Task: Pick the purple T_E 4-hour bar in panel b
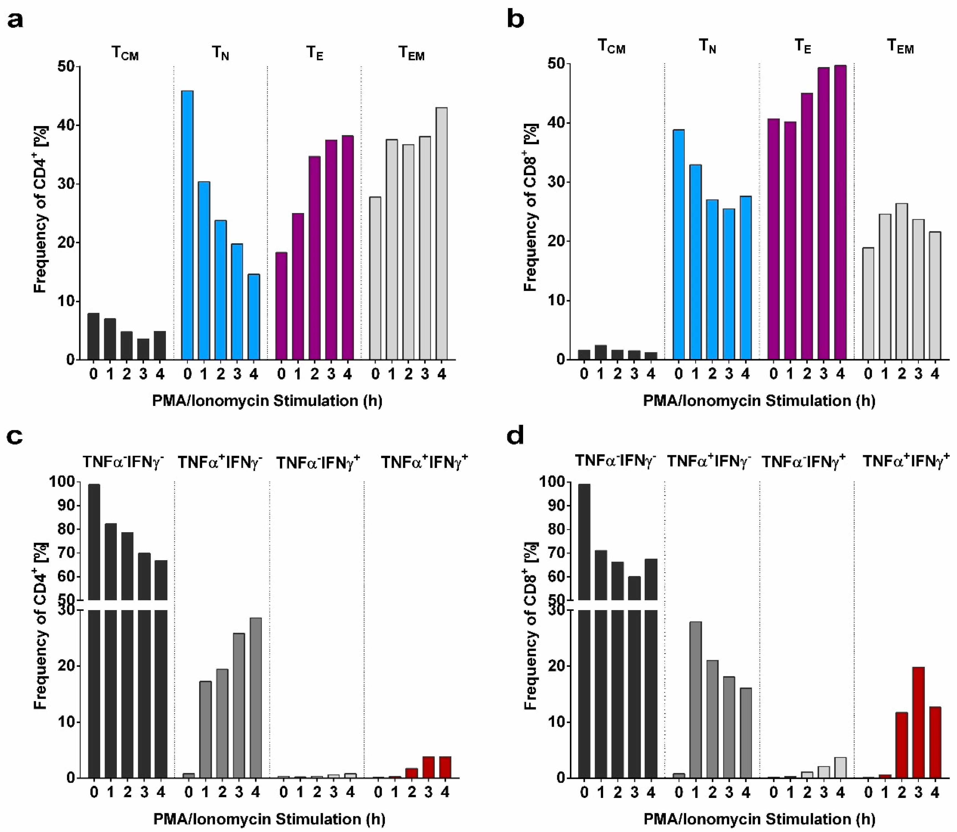click(840, 213)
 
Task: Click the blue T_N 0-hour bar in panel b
click(678, 245)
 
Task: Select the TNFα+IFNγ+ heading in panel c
click(424, 462)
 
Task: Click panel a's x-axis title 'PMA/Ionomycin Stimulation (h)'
click(267, 401)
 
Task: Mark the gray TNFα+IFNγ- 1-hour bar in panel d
click(695, 700)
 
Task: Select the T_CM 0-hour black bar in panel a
click(93, 336)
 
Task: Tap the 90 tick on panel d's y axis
click(556, 506)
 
